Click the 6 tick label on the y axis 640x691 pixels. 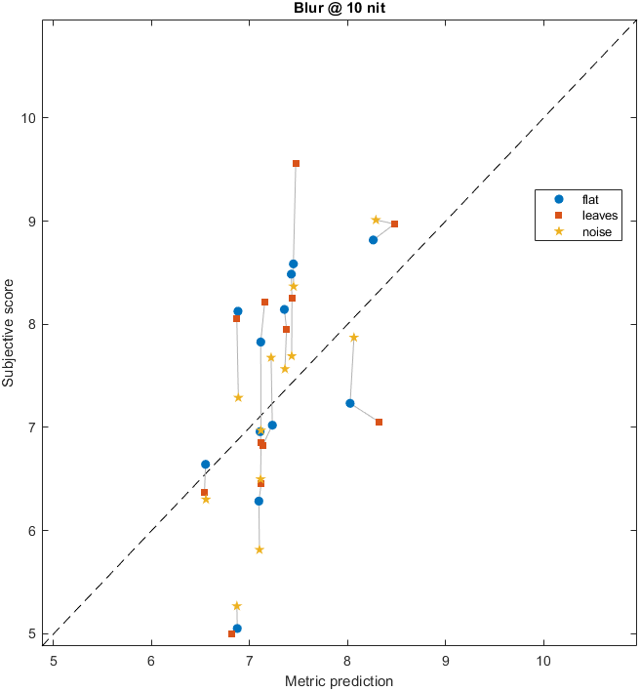(x=36, y=531)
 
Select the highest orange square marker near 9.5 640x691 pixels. (x=296, y=163)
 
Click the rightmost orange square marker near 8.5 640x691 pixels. (x=394, y=224)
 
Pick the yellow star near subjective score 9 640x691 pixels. (x=376, y=220)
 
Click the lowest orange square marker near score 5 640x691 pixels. (x=231, y=633)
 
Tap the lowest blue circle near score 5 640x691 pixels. (x=237, y=629)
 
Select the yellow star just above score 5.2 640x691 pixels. (x=236, y=606)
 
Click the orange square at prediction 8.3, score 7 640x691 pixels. (x=379, y=422)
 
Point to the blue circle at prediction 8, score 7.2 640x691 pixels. (x=349, y=403)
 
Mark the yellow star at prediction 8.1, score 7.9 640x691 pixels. (x=354, y=338)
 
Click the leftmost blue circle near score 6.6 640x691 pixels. (x=205, y=465)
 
